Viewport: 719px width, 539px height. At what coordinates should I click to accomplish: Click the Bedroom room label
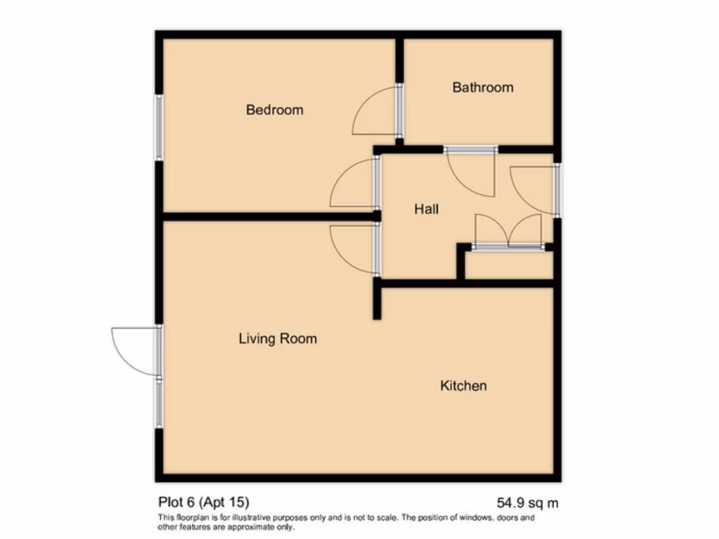point(275,110)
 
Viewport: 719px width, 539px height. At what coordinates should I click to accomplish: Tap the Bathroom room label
point(482,88)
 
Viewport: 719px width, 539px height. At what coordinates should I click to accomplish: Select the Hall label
point(426,209)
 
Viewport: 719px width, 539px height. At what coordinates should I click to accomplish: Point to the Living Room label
point(277,339)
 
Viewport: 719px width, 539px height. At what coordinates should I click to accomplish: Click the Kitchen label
point(463,385)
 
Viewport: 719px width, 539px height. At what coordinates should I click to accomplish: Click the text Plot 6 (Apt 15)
point(203,502)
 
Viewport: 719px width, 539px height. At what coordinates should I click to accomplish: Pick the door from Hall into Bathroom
point(470,172)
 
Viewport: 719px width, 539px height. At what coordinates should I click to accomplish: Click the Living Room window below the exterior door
point(159,404)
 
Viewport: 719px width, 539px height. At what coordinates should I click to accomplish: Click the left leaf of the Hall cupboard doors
point(490,232)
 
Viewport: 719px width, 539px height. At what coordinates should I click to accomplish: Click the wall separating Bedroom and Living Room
point(267,216)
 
